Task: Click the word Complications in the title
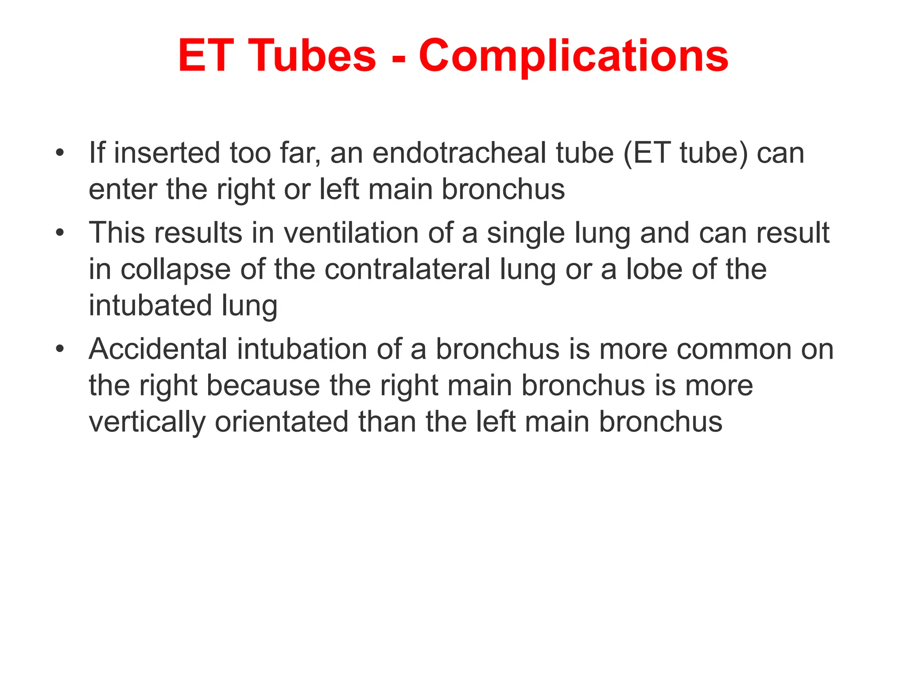(573, 56)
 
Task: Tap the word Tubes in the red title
(314, 56)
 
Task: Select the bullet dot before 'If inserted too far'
(60, 153)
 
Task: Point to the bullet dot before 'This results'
(60, 233)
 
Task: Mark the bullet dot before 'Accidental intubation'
(60, 349)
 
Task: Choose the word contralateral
(407, 269)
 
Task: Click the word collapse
(175, 270)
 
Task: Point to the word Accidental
(158, 349)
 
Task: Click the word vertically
(147, 422)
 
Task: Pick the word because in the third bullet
(263, 386)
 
